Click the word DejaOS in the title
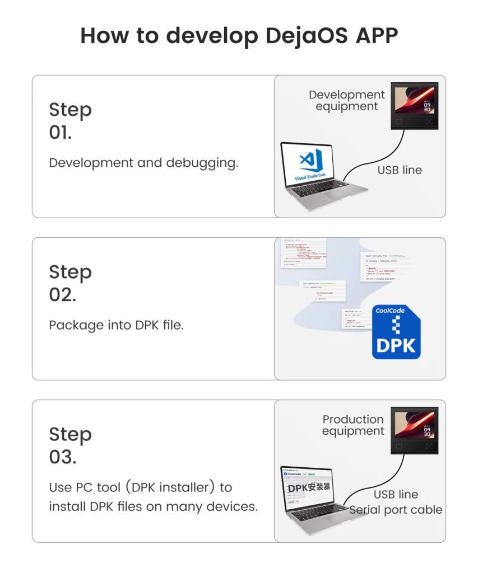click(x=302, y=36)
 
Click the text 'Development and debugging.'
click(x=143, y=163)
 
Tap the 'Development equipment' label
click(x=346, y=100)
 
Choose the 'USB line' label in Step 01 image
click(x=400, y=170)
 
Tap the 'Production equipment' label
click(x=353, y=425)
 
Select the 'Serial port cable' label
click(x=396, y=510)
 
